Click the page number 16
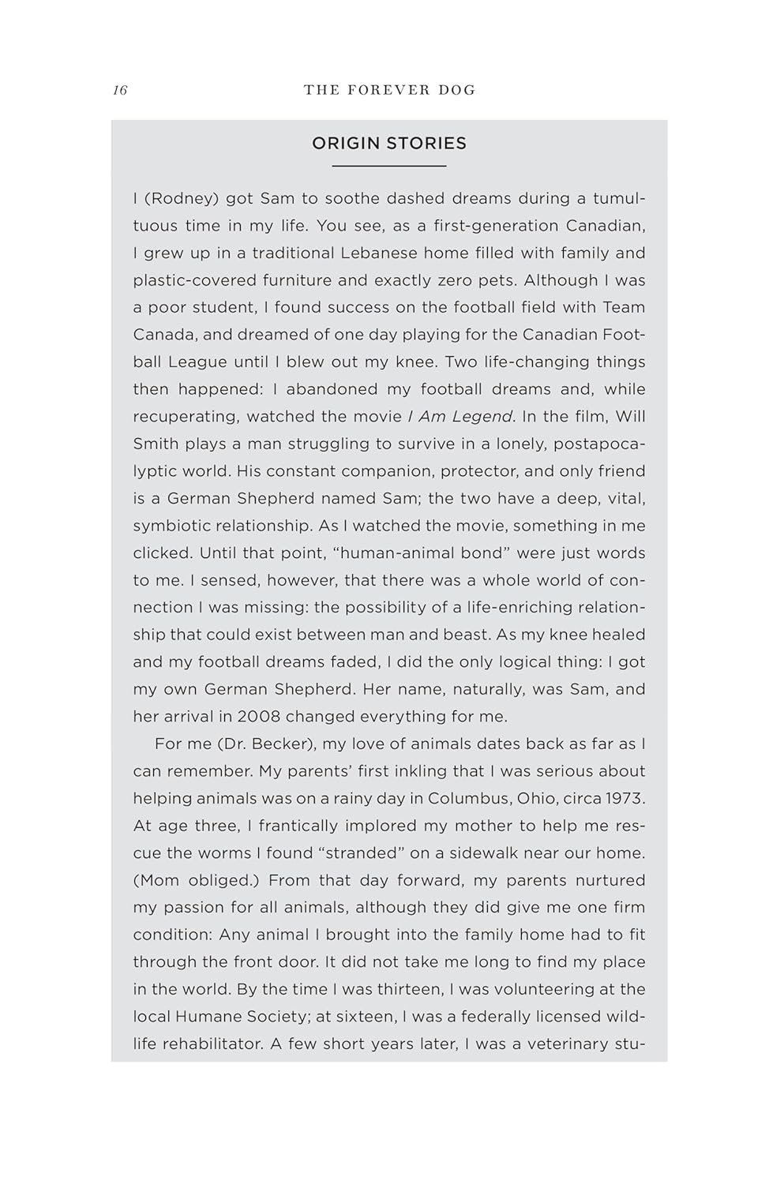(120, 90)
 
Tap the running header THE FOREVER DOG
(389, 90)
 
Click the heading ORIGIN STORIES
(389, 143)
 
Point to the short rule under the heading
(389, 166)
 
